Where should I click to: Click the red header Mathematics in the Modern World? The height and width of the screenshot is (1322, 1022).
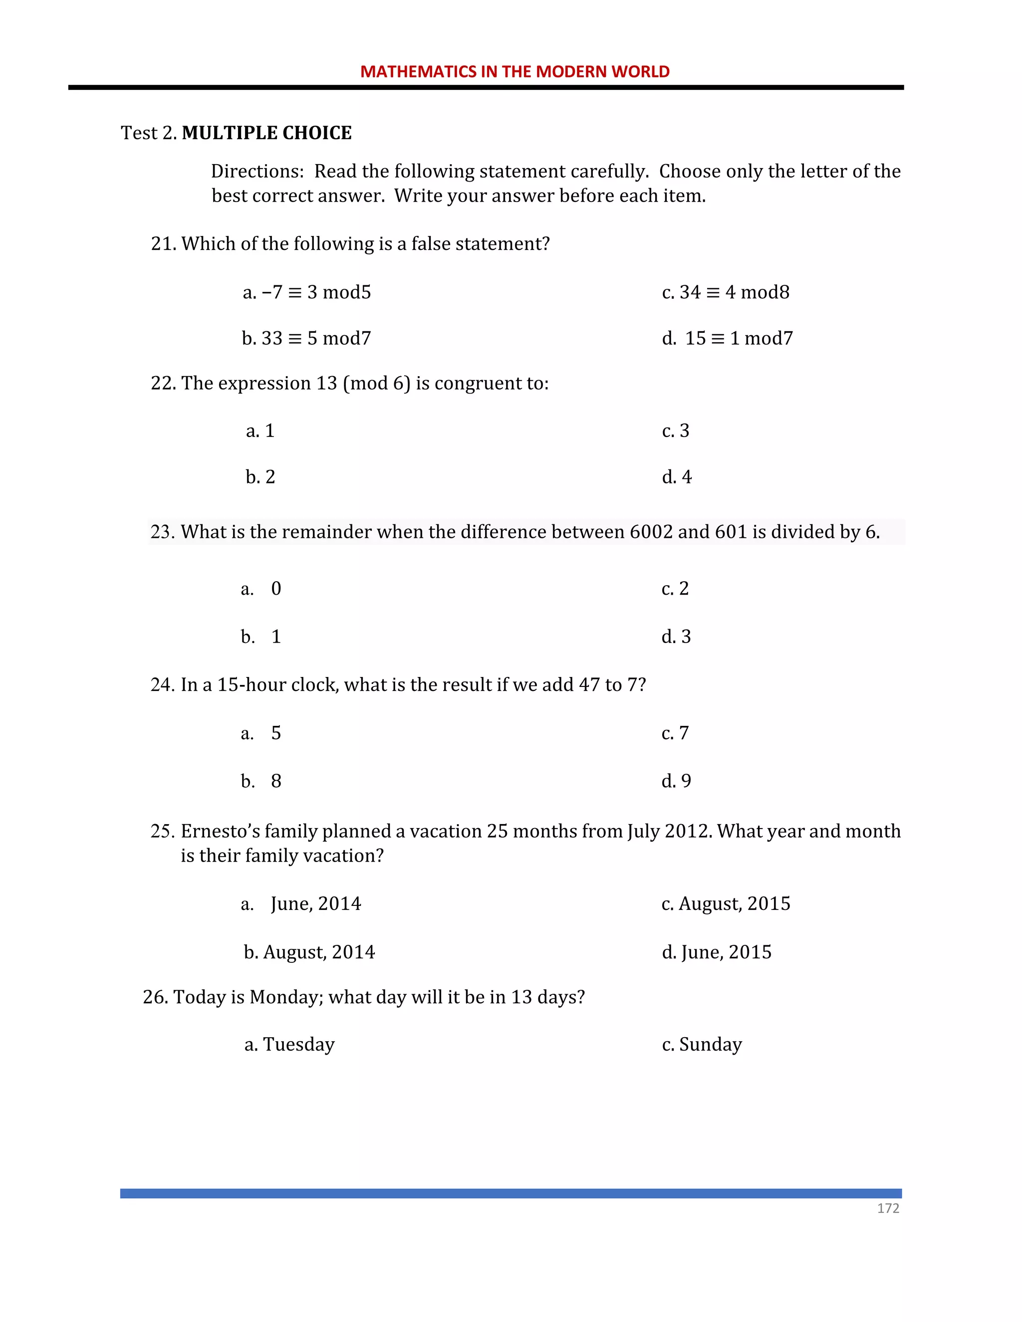(x=514, y=71)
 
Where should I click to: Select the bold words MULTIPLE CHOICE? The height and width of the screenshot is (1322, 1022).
(x=266, y=133)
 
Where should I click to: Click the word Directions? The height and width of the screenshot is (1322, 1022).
(x=256, y=171)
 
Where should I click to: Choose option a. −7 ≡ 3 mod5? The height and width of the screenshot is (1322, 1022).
(x=306, y=292)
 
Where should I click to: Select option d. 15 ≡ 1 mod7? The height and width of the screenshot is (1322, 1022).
(x=727, y=338)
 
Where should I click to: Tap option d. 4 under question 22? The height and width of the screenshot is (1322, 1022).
(x=676, y=477)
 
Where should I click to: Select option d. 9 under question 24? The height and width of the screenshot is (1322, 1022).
(x=676, y=781)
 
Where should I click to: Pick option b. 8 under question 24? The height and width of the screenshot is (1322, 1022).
(x=261, y=781)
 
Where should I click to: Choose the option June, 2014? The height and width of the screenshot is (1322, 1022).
(x=315, y=904)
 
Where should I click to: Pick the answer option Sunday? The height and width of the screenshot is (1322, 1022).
(x=710, y=1044)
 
